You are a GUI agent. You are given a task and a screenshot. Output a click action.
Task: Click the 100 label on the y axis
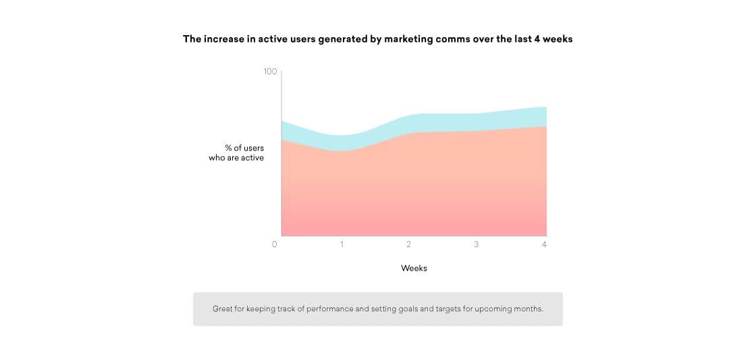[270, 72]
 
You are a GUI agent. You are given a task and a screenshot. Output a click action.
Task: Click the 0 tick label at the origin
[274, 245]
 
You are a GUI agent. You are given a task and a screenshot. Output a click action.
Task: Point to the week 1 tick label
[342, 245]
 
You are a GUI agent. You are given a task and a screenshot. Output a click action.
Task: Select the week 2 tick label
[408, 245]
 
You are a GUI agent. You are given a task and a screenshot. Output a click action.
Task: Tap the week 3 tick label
[476, 245]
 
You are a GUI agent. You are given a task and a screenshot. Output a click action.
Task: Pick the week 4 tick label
[544, 245]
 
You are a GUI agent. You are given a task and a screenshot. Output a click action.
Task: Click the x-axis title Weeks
[414, 268]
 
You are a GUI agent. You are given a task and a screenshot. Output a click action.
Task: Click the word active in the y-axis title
[252, 158]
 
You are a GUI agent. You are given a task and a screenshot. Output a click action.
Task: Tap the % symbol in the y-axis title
[228, 148]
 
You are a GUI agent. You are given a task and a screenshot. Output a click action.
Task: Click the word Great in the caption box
[223, 309]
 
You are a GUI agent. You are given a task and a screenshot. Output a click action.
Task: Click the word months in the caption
[526, 309]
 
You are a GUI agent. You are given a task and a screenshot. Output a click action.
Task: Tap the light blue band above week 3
[476, 122]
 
